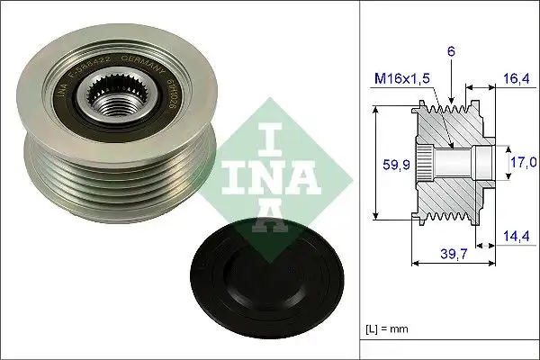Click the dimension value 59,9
pyautogui.click(x=385, y=165)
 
